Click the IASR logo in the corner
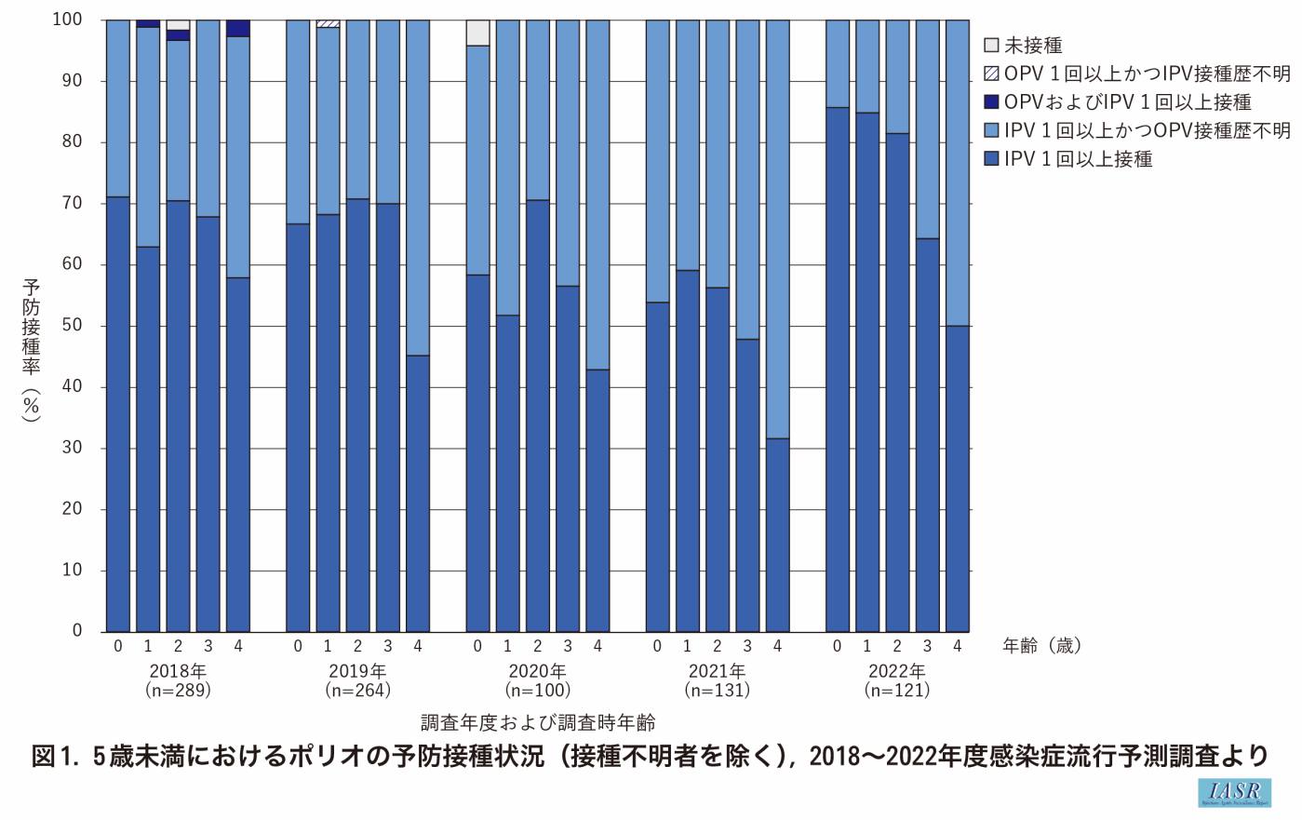[1234, 792]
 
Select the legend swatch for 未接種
[991, 46]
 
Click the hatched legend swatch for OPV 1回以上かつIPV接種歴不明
[991, 74]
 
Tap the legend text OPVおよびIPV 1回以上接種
[1127, 102]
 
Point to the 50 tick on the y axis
[72, 326]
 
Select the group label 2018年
[178, 670]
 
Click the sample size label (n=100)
[537, 691]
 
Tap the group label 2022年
[897, 670]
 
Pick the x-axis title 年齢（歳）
[1041, 646]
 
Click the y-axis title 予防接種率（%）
[32, 349]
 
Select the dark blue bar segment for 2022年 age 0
[838, 372]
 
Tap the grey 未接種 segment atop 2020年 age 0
[477, 33]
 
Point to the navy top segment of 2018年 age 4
[238, 28]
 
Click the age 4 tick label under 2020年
[597, 646]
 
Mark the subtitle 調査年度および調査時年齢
[537, 722]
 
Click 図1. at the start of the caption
[57, 756]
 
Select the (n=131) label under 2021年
[717, 691]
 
